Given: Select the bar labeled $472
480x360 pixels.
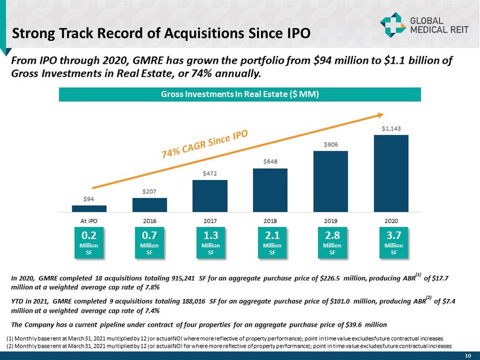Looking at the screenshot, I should [x=210, y=196].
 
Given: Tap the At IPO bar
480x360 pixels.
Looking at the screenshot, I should [x=89, y=208].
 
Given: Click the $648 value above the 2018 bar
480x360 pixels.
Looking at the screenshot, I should [x=270, y=162].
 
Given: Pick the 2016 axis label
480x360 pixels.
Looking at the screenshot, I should [x=149, y=221].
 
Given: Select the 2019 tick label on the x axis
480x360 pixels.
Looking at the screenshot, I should [x=330, y=221].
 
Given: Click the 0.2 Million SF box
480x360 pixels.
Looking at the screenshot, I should [x=89, y=242].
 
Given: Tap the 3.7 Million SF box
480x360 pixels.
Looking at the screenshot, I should [x=391, y=242].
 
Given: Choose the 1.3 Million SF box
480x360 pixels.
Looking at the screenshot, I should [x=210, y=242].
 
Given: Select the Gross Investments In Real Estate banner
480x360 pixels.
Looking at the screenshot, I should [x=240, y=94].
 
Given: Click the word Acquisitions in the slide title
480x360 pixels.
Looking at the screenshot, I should [x=191, y=33].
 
